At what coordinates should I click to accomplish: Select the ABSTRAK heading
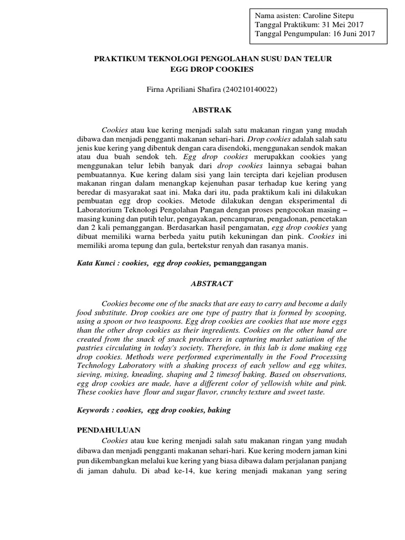tap(213, 110)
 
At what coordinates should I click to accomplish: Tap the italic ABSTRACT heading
tap(213, 283)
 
